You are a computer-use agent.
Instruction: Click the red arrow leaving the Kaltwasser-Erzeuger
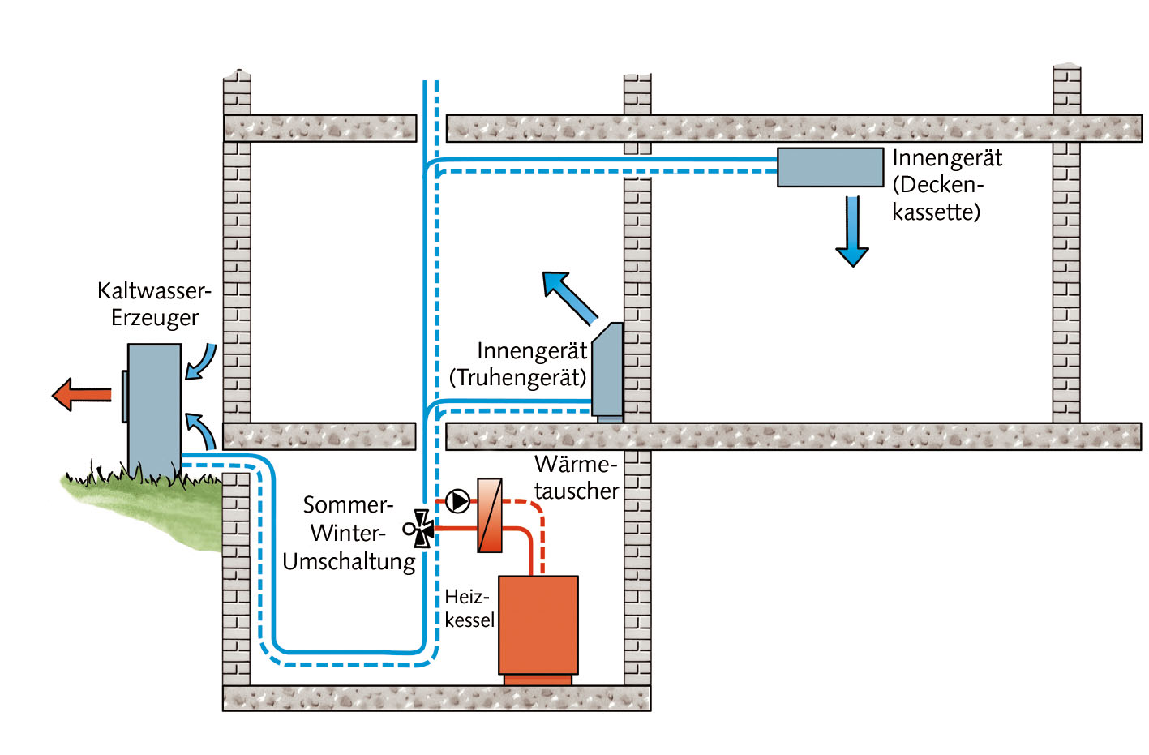coord(81,395)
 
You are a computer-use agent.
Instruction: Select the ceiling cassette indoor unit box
coord(830,167)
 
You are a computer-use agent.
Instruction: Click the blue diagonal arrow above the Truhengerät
coord(569,298)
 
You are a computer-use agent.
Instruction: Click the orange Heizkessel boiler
coord(538,625)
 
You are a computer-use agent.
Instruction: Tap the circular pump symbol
coord(458,501)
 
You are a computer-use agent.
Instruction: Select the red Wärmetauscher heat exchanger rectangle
coord(490,516)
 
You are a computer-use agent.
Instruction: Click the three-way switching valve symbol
coord(421,529)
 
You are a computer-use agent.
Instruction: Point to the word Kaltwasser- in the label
coord(153,290)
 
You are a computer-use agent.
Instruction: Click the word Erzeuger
coord(154,318)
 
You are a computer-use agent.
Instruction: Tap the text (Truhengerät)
coord(517,378)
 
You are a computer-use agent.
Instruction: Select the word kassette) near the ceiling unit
coord(936,212)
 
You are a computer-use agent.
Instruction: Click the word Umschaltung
coord(349,562)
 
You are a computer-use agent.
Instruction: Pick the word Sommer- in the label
coord(347,505)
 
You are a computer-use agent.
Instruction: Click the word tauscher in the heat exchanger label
coord(576,491)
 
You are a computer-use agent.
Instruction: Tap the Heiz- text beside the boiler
coord(466,597)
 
